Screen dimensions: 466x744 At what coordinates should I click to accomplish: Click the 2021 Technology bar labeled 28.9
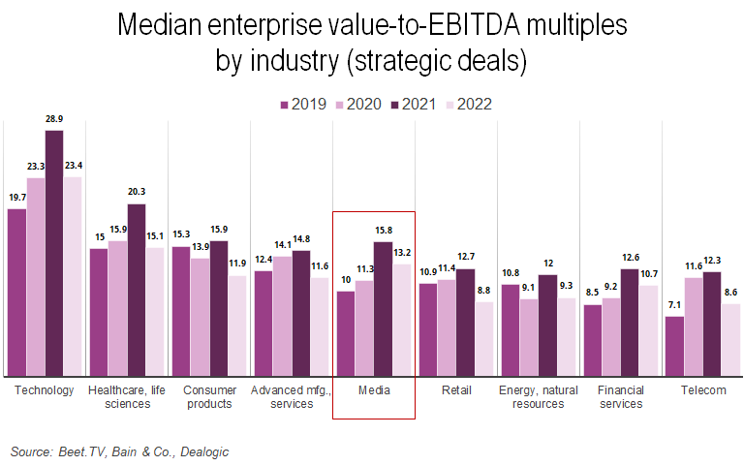tap(54, 253)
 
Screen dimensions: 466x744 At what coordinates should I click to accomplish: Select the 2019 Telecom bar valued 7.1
tap(675, 346)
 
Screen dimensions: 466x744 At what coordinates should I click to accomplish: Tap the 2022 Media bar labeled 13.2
tap(401, 320)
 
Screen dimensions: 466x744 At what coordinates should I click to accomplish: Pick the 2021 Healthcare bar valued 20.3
tap(137, 290)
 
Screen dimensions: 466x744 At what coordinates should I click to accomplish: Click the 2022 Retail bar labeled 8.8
tap(483, 338)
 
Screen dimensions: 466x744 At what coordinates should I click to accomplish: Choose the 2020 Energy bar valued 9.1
tap(529, 337)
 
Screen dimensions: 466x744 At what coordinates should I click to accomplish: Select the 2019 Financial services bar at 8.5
tap(593, 340)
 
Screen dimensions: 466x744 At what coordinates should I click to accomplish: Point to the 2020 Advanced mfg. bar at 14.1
tap(282, 316)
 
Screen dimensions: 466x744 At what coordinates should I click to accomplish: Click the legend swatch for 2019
tap(286, 105)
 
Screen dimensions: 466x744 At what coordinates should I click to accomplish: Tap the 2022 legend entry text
tap(474, 105)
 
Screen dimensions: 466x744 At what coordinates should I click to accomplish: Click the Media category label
tap(374, 390)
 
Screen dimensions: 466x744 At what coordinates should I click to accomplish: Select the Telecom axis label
tap(702, 390)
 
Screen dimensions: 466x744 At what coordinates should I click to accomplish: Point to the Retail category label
tap(456, 390)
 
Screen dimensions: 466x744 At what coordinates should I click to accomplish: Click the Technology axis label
tap(45, 390)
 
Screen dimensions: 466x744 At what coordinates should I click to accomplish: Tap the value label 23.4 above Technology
tap(74, 166)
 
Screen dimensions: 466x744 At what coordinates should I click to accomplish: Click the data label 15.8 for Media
tap(383, 231)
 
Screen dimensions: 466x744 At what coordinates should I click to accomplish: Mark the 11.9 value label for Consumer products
tap(237, 264)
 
